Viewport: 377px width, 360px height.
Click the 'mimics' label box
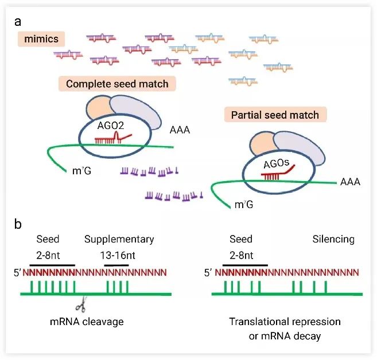point(41,39)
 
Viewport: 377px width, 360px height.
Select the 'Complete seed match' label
point(117,84)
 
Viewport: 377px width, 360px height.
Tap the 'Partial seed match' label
point(275,115)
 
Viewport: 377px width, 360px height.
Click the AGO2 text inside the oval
point(111,126)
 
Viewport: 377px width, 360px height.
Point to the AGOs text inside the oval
point(276,164)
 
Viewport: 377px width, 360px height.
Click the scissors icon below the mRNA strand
point(81,304)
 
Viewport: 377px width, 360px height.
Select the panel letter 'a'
point(18,22)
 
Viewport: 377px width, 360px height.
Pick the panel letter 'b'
point(18,224)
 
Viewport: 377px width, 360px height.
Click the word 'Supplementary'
point(119,239)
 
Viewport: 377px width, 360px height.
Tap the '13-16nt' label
point(118,255)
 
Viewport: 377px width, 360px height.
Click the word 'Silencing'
point(333,239)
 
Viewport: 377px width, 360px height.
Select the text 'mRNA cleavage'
point(87,322)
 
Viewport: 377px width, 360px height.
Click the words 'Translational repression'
point(285,322)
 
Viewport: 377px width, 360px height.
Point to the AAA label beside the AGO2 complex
point(180,130)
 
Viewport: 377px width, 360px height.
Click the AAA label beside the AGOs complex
point(350,182)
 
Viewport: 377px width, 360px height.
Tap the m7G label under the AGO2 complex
point(81,171)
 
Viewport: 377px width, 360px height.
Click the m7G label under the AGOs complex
point(244,205)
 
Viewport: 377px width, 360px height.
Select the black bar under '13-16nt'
point(116,265)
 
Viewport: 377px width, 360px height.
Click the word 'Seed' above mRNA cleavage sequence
point(48,239)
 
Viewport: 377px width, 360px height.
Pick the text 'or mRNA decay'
point(285,336)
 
